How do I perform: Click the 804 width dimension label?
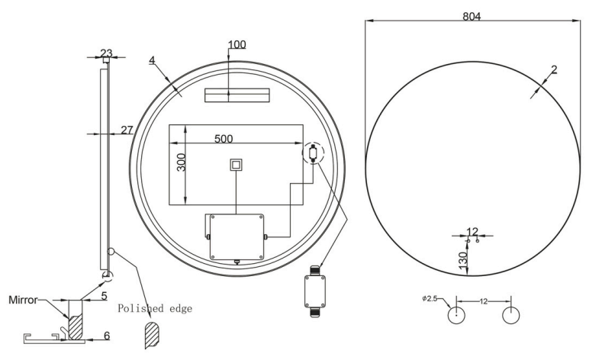point(472,17)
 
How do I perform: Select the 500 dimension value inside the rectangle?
point(224,139)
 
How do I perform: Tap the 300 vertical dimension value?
point(182,162)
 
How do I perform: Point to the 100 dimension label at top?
point(237,44)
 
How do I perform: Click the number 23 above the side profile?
point(106,53)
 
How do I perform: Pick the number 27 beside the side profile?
point(127,130)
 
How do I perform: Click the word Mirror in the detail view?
point(23,300)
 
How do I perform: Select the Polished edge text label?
point(155,309)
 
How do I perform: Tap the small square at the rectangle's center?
point(236,165)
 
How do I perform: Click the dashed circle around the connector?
point(314,153)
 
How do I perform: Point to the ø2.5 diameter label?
point(430,298)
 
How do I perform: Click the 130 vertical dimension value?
point(463,260)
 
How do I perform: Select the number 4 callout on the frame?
point(152,60)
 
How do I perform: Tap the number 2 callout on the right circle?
point(554,69)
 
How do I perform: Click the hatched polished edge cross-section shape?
point(152,335)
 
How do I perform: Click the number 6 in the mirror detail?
point(107,336)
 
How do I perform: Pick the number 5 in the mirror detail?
point(104,296)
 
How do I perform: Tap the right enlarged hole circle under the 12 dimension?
point(511,315)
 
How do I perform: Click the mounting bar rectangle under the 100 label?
point(237,95)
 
